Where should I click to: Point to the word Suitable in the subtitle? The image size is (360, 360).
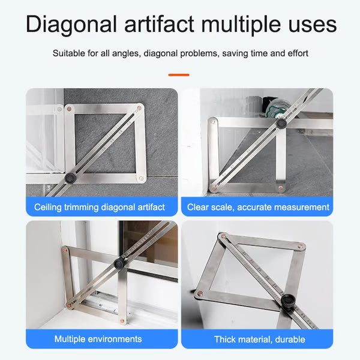(68, 53)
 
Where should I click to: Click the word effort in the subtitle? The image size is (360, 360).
(296, 53)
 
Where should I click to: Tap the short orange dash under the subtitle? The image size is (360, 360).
(179, 75)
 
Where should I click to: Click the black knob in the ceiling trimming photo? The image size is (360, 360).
(71, 178)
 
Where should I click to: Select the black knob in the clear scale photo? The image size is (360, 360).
(280, 124)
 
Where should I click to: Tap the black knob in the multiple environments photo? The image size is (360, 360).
(119, 263)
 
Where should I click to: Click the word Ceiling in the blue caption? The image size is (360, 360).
(47, 207)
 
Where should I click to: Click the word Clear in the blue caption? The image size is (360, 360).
(198, 207)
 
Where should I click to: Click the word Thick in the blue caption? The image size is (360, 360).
(226, 339)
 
